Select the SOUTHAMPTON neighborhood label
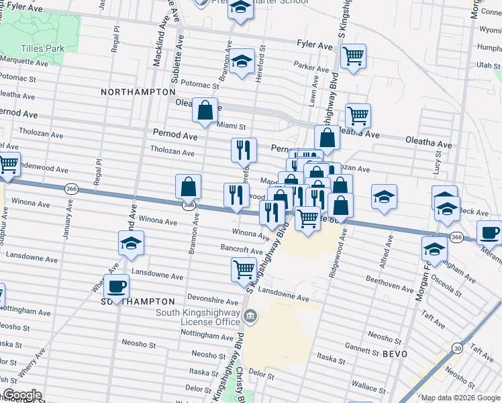(138, 302)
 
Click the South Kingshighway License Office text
(198, 317)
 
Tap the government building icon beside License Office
(250, 316)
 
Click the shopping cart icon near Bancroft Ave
(243, 269)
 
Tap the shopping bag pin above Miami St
(205, 109)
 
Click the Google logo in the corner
(22, 395)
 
